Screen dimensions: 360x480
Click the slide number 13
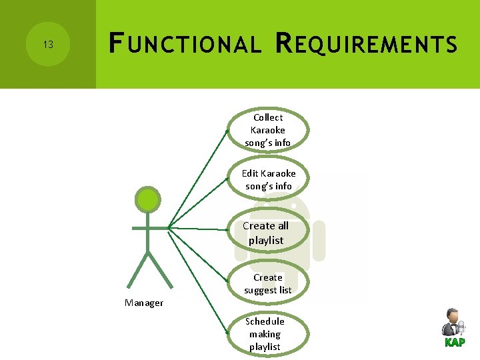pyautogui.click(x=47, y=45)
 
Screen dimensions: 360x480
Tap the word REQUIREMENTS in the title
pyautogui.click(x=366, y=45)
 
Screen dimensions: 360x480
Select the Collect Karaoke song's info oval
pyautogui.click(x=268, y=130)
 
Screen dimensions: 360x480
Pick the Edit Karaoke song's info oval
pyautogui.click(x=269, y=179)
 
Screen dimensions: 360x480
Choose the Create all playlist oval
pyautogui.click(x=266, y=233)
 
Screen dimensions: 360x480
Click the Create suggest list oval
pyautogui.click(x=268, y=283)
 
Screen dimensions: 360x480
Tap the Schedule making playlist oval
pyautogui.click(x=265, y=334)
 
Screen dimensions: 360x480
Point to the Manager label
pyautogui.click(x=144, y=303)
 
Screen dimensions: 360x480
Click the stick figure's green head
pyautogui.click(x=148, y=199)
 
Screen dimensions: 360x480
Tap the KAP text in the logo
pyautogui.click(x=455, y=343)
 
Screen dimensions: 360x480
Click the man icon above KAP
pyautogui.click(x=453, y=322)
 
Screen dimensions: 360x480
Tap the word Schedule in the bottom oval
pyautogui.click(x=265, y=321)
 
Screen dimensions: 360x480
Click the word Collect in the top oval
pyautogui.click(x=268, y=117)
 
